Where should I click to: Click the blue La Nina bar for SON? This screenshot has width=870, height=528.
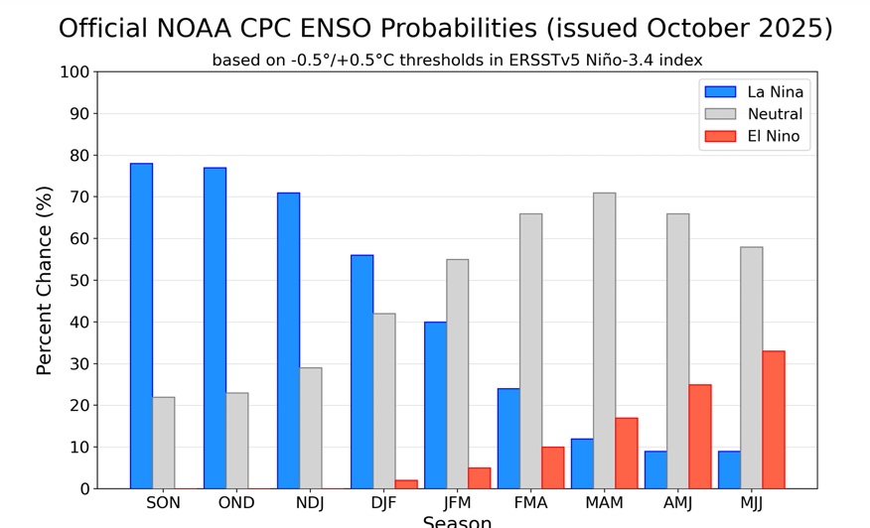[141, 326]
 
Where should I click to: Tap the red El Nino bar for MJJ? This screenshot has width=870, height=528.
[774, 420]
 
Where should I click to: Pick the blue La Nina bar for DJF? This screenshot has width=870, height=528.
[362, 371]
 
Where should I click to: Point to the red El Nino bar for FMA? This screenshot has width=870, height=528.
[552, 467]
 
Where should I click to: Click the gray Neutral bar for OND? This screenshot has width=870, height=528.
[236, 441]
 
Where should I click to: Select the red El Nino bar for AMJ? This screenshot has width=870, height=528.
[700, 437]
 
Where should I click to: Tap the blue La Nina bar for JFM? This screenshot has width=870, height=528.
[435, 405]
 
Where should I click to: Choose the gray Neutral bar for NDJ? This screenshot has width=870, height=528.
[310, 428]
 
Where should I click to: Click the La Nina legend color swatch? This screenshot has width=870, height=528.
[720, 92]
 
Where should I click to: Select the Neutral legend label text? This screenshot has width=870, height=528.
[775, 114]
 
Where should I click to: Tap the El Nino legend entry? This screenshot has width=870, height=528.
[773, 137]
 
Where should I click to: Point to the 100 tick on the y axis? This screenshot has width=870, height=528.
[74, 72]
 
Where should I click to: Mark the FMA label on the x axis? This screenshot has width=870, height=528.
[530, 503]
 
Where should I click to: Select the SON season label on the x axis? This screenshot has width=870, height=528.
[163, 503]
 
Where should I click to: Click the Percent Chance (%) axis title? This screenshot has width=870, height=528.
[45, 281]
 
